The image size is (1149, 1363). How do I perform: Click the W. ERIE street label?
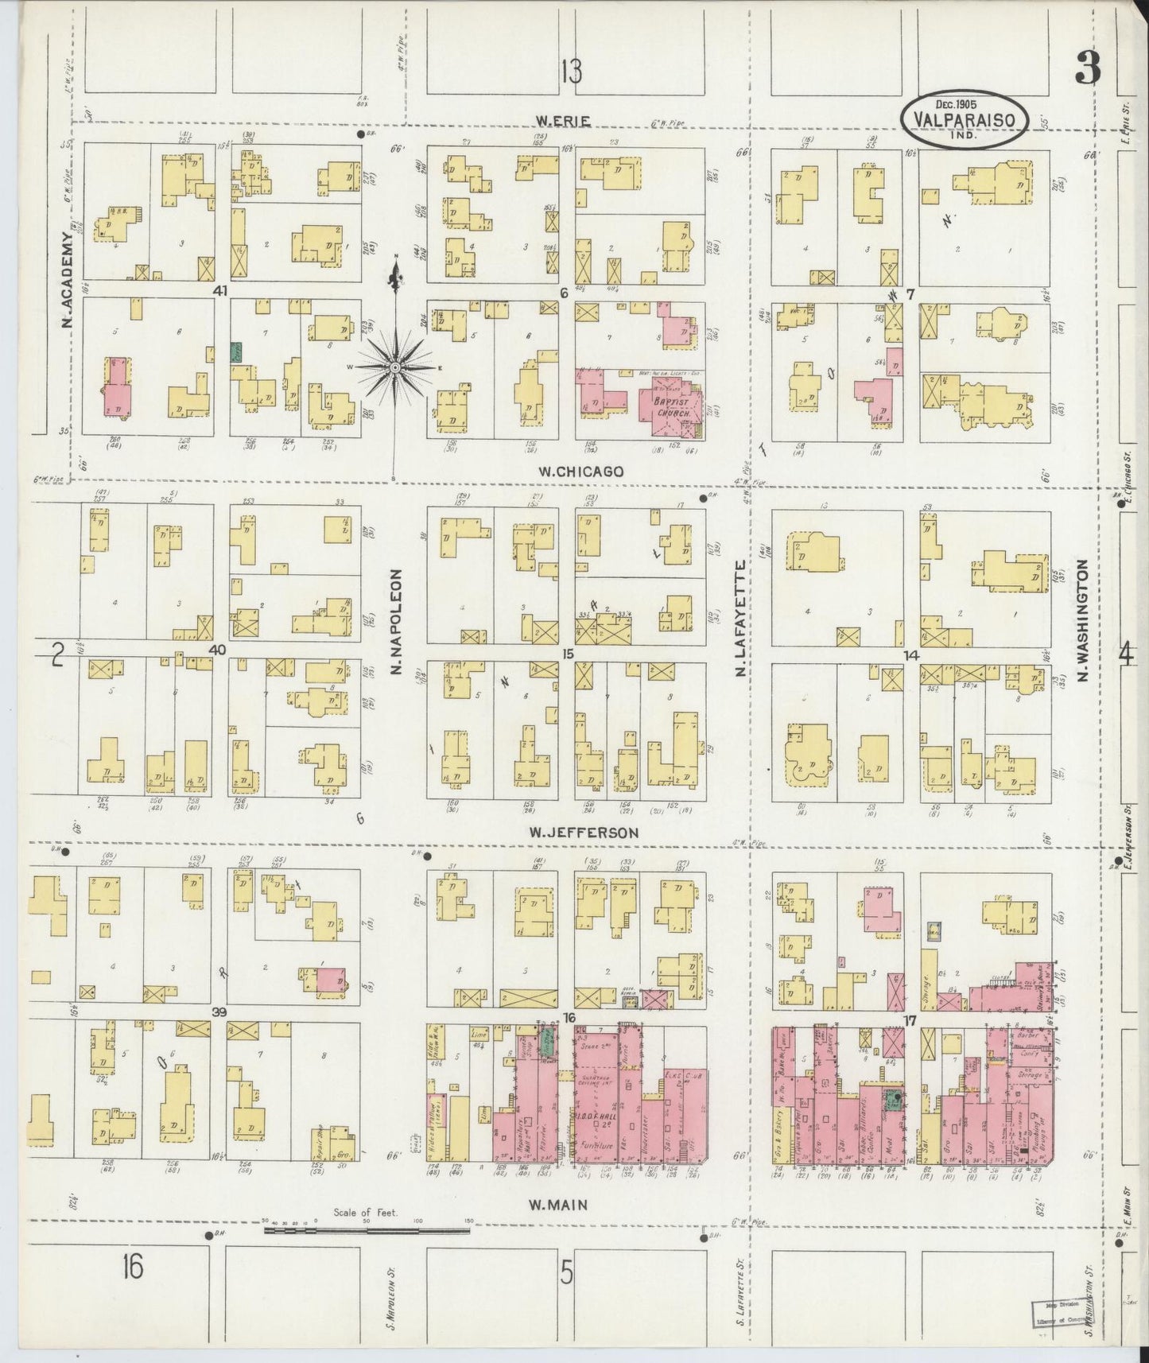coord(562,121)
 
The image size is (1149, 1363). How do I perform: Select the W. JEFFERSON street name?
coord(584,833)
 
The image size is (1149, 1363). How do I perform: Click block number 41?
coord(220,292)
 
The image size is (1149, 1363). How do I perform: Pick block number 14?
coord(911,654)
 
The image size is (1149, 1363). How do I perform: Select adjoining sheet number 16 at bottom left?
coord(132,1268)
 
